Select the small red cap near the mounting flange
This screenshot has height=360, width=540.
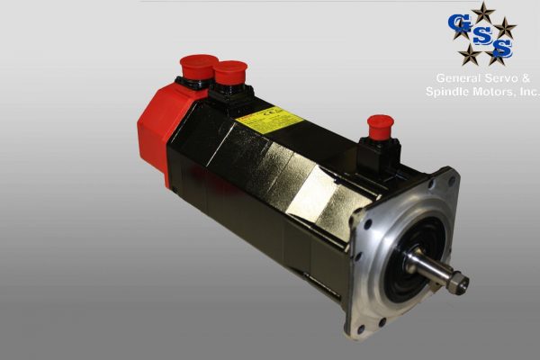pos(381,123)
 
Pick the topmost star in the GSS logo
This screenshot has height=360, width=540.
pos(484,10)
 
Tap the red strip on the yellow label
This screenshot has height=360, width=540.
pos(247,119)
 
